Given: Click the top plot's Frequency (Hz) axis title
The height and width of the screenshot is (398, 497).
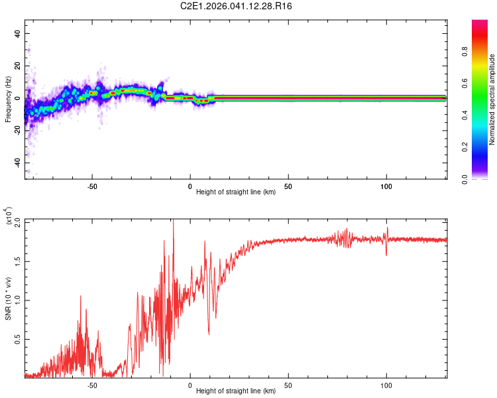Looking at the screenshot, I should tap(8, 99).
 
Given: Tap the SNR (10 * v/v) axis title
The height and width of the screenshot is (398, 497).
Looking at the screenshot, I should tap(8, 298).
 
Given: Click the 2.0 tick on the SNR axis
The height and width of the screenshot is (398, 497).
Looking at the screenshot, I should tap(17, 221).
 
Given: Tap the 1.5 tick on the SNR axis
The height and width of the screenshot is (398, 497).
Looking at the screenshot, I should tap(17, 261).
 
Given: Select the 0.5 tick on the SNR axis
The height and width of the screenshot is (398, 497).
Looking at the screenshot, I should tap(17, 339).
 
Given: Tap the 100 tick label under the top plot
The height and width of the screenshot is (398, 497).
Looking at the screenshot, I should tap(386, 186).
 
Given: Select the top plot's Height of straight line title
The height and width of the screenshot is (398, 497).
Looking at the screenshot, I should tap(236, 193).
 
